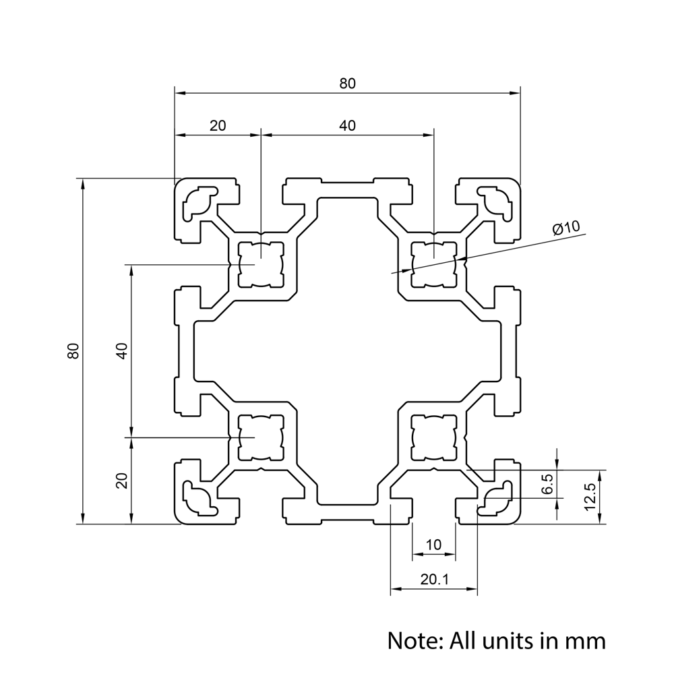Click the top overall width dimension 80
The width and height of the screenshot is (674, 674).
pos(347,84)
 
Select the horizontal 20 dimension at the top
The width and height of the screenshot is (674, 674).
pos(218,125)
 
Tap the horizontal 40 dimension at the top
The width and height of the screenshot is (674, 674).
pos(347,125)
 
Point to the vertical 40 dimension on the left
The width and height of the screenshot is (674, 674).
pos(121,350)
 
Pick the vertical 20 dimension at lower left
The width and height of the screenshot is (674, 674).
pos(121,480)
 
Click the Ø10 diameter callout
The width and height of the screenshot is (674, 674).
pos(566,228)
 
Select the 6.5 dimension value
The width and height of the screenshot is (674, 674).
pos(547,484)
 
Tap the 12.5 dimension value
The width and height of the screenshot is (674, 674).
pos(591,496)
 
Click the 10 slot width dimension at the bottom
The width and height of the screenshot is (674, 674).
pos(433,545)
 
